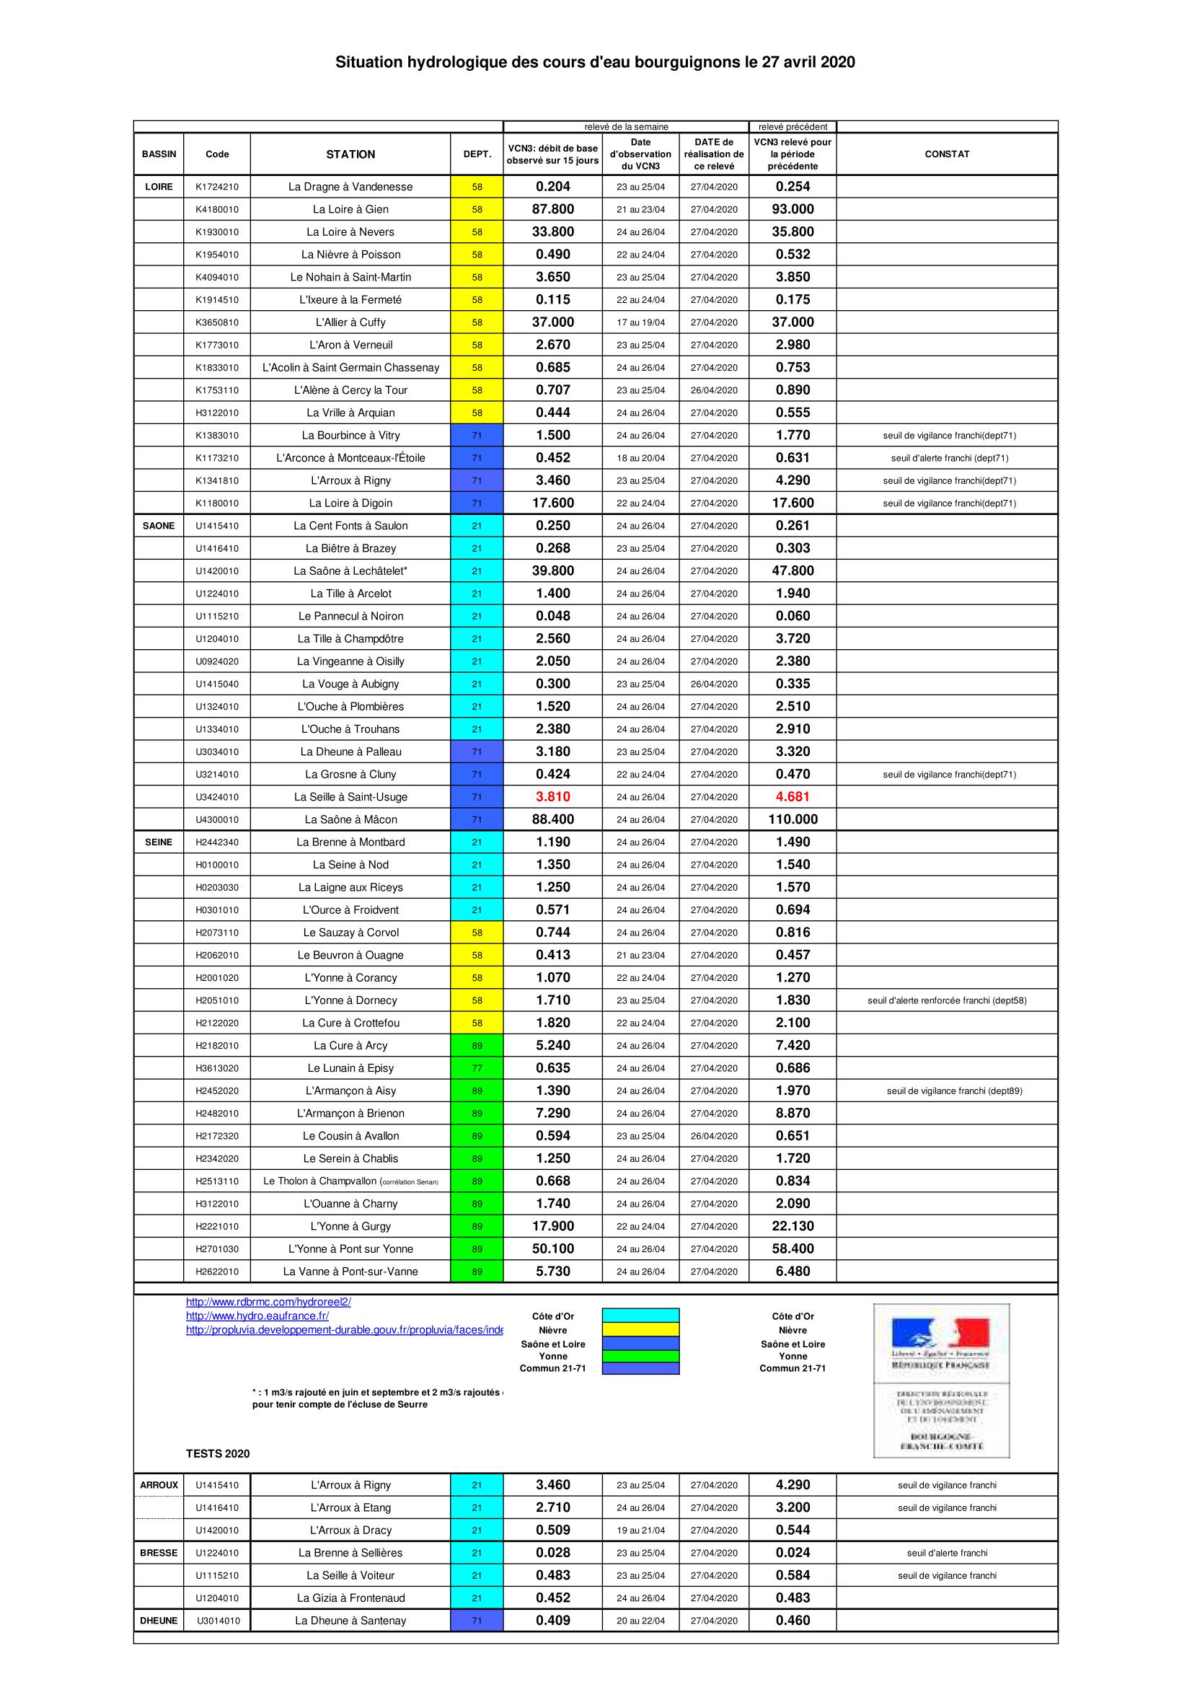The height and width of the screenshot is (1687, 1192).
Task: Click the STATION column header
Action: [x=350, y=154]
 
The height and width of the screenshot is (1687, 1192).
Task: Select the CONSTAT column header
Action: [x=947, y=154]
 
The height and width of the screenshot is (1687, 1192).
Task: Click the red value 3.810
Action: [x=553, y=796]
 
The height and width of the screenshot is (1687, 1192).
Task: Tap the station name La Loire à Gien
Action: [x=350, y=209]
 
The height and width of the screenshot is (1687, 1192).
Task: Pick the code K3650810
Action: [x=216, y=322]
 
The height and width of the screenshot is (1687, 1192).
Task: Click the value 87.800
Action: [x=553, y=209]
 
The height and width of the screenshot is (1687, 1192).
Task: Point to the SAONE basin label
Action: [x=159, y=526]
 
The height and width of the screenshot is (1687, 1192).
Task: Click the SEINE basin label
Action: [x=159, y=842]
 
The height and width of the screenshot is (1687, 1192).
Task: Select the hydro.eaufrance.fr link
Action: [x=257, y=1316]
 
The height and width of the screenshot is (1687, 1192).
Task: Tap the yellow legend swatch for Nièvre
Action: [x=640, y=1329]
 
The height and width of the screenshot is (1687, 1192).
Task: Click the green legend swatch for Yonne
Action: [x=640, y=1356]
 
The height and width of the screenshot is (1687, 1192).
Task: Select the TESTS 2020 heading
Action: [x=217, y=1453]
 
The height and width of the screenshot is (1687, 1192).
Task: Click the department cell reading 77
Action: [x=477, y=1068]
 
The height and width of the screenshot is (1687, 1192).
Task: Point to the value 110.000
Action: [x=793, y=819]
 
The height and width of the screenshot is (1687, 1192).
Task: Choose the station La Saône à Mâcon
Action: [x=350, y=819]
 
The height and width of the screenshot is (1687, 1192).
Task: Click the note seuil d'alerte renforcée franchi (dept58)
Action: [x=947, y=1000]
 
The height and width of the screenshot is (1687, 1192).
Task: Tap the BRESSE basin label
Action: [x=159, y=1553]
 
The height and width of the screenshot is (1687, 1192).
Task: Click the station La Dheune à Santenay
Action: [x=350, y=1620]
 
